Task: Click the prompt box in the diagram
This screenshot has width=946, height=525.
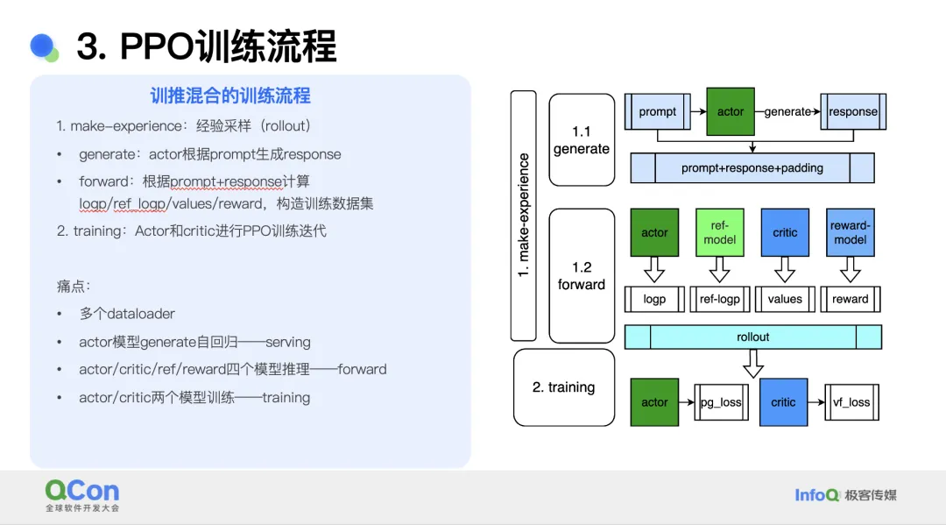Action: tap(658, 111)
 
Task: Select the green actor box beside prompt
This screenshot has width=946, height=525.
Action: tap(730, 111)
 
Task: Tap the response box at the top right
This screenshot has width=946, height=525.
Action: tap(853, 111)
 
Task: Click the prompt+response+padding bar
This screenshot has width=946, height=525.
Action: tap(752, 167)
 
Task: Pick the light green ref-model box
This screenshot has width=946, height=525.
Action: tap(720, 232)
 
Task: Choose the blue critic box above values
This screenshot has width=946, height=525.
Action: tap(785, 232)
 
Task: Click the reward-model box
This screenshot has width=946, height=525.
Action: tap(850, 232)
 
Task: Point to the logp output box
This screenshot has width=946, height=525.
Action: tap(654, 299)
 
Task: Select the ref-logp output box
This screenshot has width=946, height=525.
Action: tap(720, 299)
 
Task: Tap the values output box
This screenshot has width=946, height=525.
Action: tap(785, 299)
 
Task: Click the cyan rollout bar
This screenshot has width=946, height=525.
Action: tap(753, 337)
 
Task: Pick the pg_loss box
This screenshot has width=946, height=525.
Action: tap(721, 402)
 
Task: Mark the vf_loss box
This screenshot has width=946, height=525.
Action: tap(851, 402)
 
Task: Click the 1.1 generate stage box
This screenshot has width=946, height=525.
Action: tap(582, 140)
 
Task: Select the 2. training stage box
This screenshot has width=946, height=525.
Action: tap(564, 387)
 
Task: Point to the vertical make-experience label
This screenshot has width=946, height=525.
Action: tap(523, 216)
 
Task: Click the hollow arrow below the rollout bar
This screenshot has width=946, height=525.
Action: tap(753, 363)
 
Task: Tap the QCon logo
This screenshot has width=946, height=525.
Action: tap(82, 495)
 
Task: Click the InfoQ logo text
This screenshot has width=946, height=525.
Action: tap(817, 495)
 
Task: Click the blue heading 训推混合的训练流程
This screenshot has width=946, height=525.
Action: tap(230, 96)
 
